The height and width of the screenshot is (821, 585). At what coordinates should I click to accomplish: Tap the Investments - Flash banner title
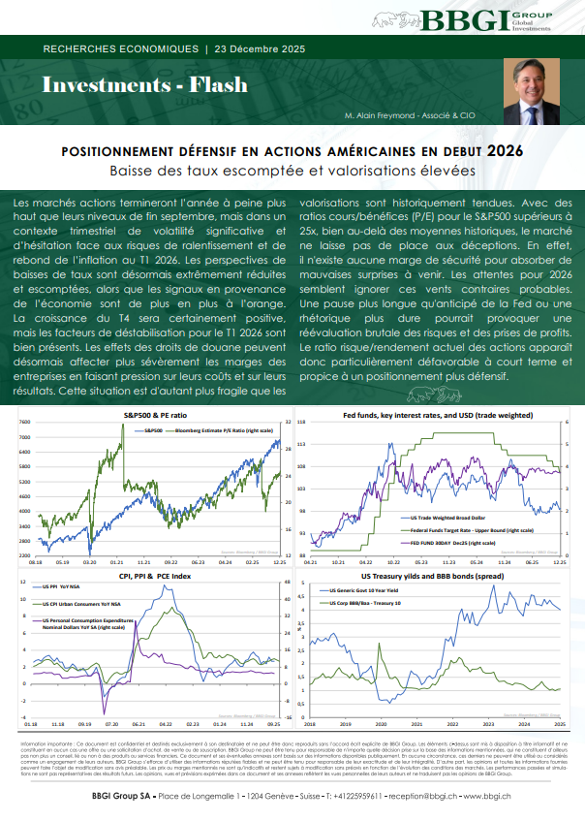pyautogui.click(x=131, y=85)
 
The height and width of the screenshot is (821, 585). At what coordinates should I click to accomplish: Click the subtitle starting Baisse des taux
pyautogui.click(x=292, y=171)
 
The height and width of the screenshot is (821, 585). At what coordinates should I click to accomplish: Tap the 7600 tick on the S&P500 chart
pyautogui.click(x=23, y=423)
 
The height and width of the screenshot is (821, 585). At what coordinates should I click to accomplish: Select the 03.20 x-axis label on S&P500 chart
pyautogui.click(x=89, y=561)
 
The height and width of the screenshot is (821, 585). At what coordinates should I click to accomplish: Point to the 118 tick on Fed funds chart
pyautogui.click(x=301, y=423)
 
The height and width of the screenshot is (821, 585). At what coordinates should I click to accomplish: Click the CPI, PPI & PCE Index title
pyautogui.click(x=156, y=577)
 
